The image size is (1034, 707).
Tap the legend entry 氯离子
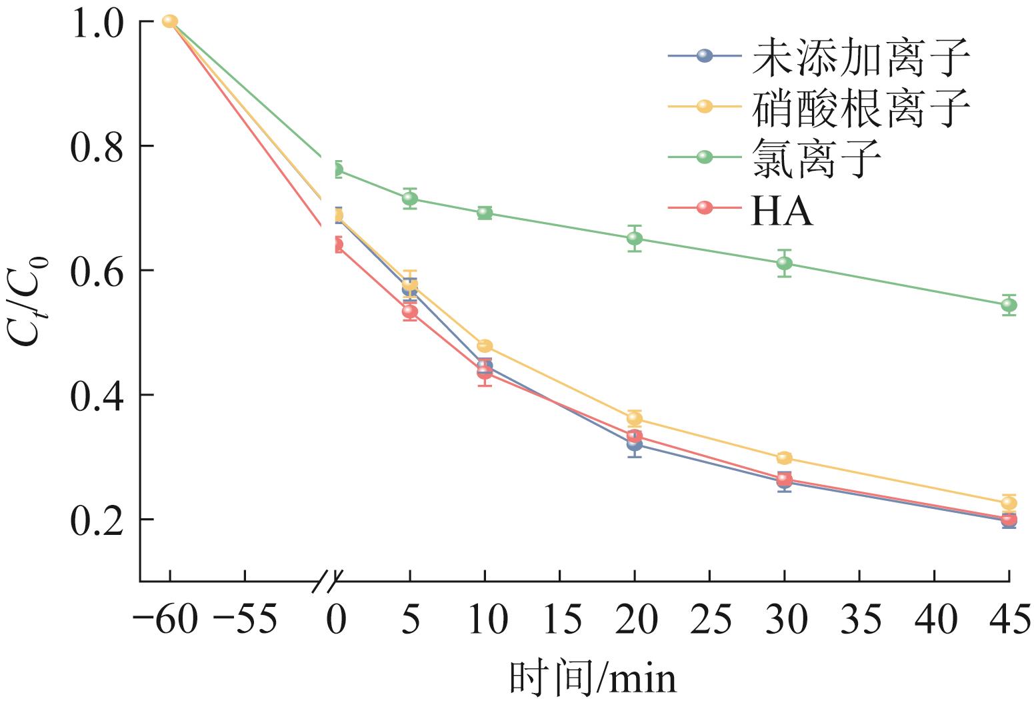coord(817,157)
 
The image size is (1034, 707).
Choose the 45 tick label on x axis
coord(1008,620)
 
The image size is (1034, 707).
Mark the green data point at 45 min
coord(1009,305)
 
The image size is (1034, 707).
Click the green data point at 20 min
coord(635,238)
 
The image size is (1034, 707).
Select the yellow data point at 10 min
coord(485,346)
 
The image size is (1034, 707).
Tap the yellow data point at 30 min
coord(784,458)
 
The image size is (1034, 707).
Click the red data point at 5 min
coord(410,311)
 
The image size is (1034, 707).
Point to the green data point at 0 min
coord(337,169)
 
